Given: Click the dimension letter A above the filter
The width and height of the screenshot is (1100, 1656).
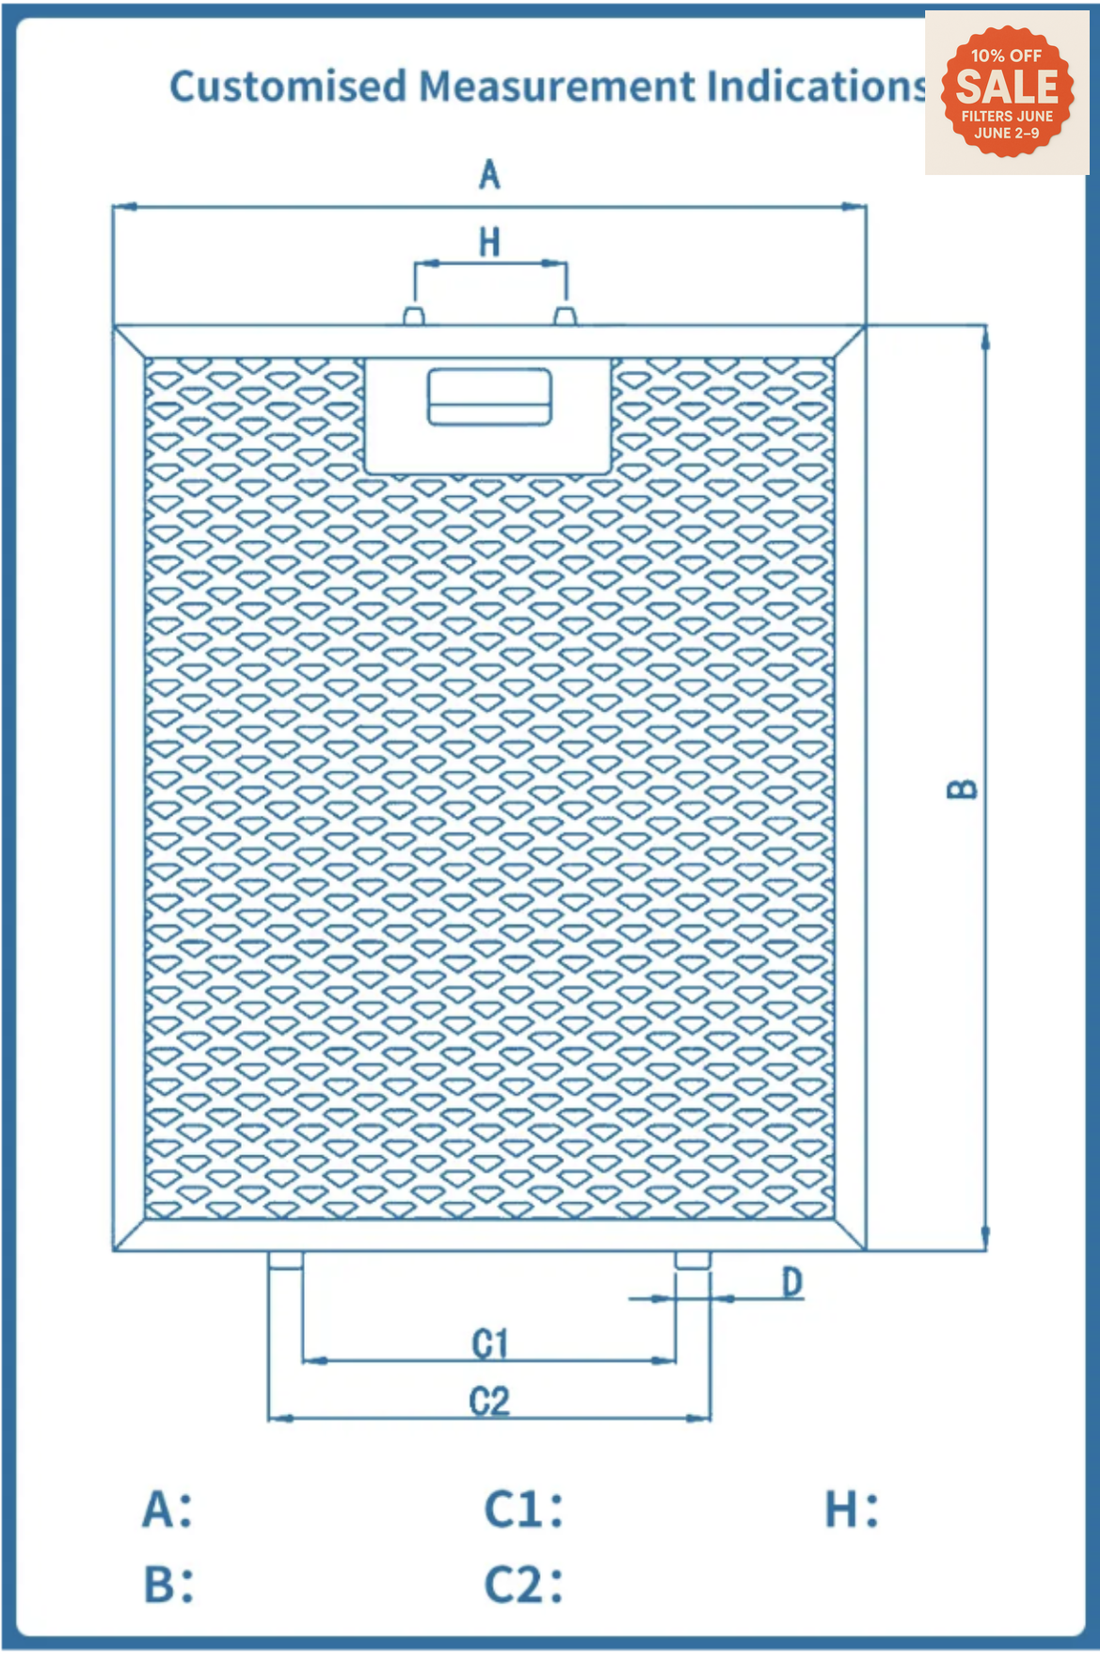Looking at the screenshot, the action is [489, 174].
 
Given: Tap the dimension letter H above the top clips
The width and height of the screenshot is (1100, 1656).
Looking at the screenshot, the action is [489, 243].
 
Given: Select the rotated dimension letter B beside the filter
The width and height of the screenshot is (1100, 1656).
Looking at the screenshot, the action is [961, 789].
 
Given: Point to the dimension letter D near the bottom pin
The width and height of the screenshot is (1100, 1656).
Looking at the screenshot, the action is [792, 1282].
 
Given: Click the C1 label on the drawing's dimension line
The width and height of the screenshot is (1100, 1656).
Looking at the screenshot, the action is [489, 1343].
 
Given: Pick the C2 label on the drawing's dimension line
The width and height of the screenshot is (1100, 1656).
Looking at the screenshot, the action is [489, 1402].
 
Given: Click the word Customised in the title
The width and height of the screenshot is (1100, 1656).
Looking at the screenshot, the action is [288, 87].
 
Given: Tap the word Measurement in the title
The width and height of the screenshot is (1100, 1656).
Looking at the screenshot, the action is [557, 87].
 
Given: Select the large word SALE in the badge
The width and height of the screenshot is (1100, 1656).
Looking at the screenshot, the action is [1007, 88].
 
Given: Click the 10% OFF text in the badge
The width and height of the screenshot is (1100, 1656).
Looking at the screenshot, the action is [1007, 56].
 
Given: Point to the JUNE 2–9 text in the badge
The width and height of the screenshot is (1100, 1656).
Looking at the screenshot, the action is [1007, 133].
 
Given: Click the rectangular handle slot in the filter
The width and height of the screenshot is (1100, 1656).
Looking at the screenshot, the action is [489, 396].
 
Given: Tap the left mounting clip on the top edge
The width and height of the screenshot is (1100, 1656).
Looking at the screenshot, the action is [414, 315].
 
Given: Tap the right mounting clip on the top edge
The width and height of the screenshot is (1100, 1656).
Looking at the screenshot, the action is [565, 315].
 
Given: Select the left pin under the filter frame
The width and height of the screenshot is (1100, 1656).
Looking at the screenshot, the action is [285, 1261].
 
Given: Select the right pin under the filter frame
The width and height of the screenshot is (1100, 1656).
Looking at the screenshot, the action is [693, 1261].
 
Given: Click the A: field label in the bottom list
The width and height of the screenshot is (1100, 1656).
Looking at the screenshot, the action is [167, 1509].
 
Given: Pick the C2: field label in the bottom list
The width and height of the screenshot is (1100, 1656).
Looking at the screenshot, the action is [524, 1584].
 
